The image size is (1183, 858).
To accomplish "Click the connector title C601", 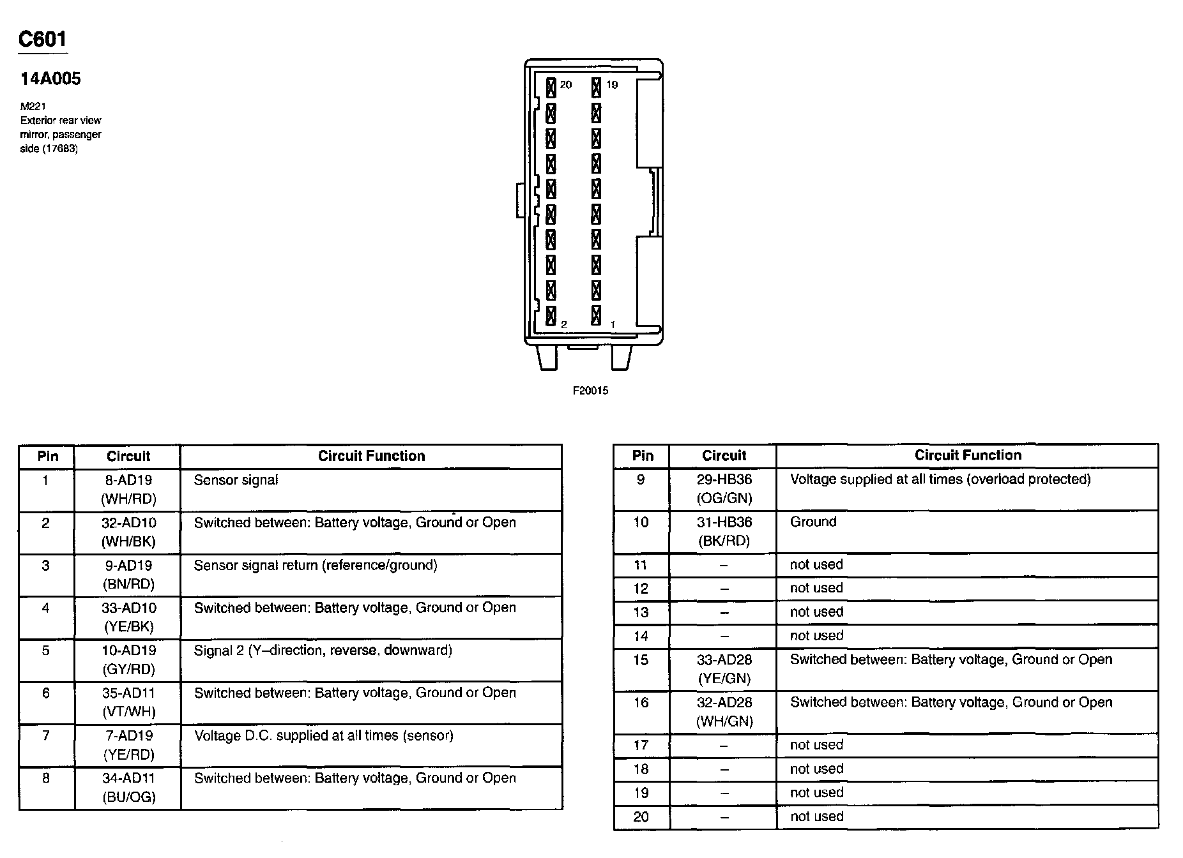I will pyautogui.click(x=42, y=40).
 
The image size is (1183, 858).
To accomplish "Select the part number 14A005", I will pyautogui.click(x=50, y=79).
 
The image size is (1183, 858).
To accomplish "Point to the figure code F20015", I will pyautogui.click(x=590, y=391).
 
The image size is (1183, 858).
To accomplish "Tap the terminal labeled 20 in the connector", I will pyautogui.click(x=551, y=87).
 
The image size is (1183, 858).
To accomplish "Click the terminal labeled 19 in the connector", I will pyautogui.click(x=596, y=87).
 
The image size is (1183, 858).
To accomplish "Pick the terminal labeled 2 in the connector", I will pyautogui.click(x=551, y=316).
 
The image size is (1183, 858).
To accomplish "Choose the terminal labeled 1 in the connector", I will pyautogui.click(x=596, y=316).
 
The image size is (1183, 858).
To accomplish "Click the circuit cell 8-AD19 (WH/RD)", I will pyautogui.click(x=128, y=490).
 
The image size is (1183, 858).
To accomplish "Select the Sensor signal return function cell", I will pyautogui.click(x=316, y=566).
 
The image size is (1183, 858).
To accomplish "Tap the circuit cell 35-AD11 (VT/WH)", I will pyautogui.click(x=128, y=702).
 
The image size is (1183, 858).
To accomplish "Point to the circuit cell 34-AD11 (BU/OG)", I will pyautogui.click(x=128, y=788).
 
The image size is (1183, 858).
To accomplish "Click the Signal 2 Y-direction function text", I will pyautogui.click(x=323, y=651).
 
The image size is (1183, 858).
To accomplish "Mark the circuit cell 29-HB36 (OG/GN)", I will pyautogui.click(x=724, y=489).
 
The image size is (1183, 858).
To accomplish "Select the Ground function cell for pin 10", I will pyautogui.click(x=813, y=522).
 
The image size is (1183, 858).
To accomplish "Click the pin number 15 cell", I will pyautogui.click(x=641, y=660).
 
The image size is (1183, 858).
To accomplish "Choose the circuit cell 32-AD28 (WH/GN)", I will pyautogui.click(x=724, y=712).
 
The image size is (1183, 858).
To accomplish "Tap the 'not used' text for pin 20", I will pyautogui.click(x=816, y=817).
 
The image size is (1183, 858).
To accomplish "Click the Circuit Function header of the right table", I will pyautogui.click(x=968, y=455).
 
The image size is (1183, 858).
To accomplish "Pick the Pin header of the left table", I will pyautogui.click(x=47, y=456).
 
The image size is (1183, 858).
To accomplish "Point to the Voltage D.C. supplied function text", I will pyautogui.click(x=323, y=736).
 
